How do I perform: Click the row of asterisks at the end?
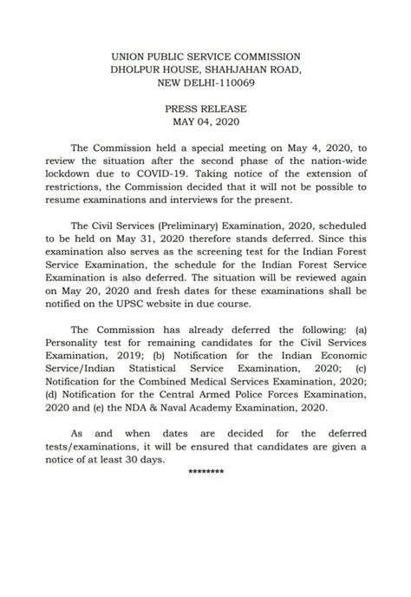point(205,470)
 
